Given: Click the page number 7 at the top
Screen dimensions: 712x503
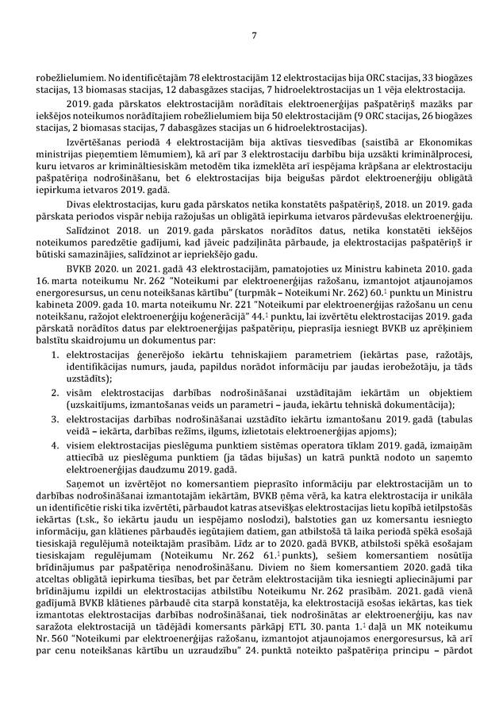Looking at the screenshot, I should click(x=251, y=35).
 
